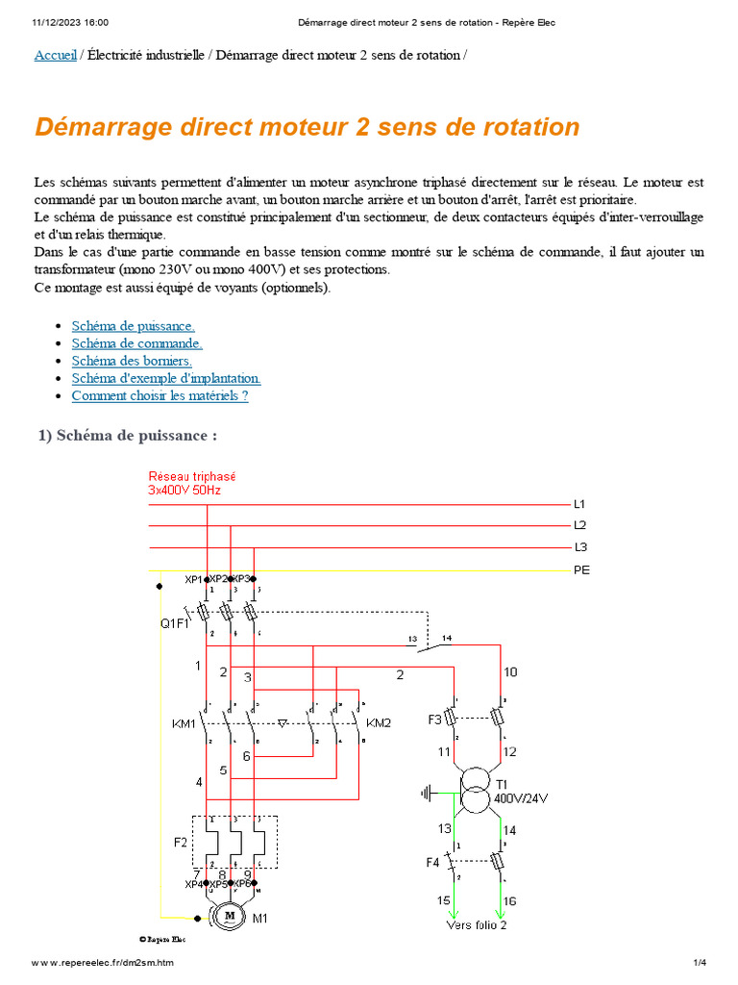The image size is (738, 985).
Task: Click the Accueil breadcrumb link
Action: tap(55, 56)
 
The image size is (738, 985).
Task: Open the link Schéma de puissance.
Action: tap(133, 326)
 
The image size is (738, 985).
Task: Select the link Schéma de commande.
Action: tap(136, 343)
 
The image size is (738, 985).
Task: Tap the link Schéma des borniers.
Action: tap(132, 361)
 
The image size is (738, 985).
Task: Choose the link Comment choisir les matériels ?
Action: tap(160, 395)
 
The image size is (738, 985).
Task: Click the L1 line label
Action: tap(579, 504)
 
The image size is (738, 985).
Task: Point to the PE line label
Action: tap(581, 570)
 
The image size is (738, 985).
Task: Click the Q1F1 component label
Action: tap(175, 623)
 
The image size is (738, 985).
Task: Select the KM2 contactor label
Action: tap(380, 721)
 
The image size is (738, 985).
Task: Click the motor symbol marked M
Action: tap(231, 917)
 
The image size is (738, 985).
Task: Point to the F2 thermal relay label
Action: tap(181, 843)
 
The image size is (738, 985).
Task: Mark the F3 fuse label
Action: tap(434, 719)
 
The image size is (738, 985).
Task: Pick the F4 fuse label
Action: tap(432, 863)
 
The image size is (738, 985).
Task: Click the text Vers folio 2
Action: tap(476, 925)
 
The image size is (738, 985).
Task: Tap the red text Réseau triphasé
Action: tap(192, 476)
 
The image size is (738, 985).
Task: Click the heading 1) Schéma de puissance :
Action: tap(128, 436)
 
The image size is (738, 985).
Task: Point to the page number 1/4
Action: tap(700, 963)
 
